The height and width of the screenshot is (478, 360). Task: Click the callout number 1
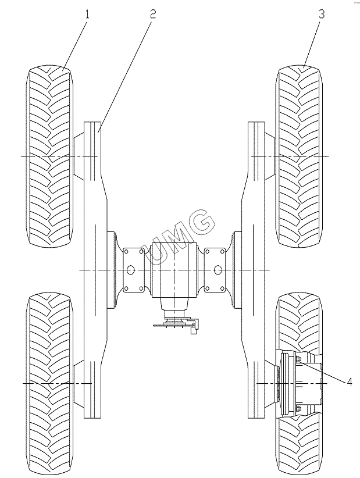(87, 13)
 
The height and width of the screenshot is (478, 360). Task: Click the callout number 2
(152, 13)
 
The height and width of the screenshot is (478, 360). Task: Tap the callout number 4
(350, 382)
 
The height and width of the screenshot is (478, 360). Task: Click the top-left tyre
(49, 157)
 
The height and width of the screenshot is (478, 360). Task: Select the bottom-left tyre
(49, 384)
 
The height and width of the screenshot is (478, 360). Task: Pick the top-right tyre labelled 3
(301, 157)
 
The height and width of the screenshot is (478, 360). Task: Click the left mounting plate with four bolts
(133, 270)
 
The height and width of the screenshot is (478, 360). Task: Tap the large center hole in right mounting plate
(218, 270)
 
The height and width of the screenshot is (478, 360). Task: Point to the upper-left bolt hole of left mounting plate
(126, 252)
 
